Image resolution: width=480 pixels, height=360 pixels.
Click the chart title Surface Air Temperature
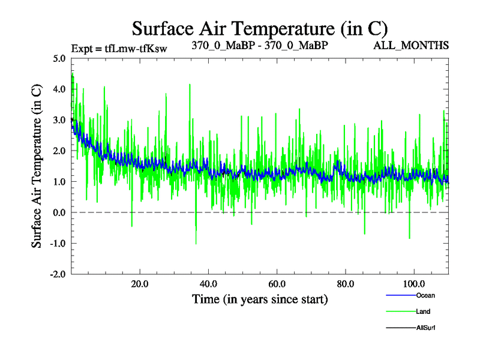[x=259, y=28]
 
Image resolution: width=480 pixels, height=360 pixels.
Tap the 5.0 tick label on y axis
[x=59, y=59]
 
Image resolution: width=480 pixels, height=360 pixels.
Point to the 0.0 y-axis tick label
[x=59, y=212]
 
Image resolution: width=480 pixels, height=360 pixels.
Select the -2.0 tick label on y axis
[x=58, y=274]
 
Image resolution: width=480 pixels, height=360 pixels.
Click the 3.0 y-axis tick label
[x=59, y=120]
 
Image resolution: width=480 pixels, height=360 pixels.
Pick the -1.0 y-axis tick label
[x=58, y=244]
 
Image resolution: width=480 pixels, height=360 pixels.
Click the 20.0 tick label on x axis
[x=140, y=284]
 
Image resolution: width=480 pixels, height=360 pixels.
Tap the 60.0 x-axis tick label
[x=277, y=284]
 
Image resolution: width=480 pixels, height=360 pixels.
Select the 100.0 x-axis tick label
[x=414, y=284]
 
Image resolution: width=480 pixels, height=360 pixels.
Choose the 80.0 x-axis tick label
[x=345, y=284]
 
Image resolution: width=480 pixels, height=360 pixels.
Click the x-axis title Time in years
[x=260, y=298]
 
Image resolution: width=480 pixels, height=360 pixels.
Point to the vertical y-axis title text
[x=37, y=166]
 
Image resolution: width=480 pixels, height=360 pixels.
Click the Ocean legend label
[x=425, y=295]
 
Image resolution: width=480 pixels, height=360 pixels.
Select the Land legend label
[x=423, y=311]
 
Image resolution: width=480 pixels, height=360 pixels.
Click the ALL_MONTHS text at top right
[x=411, y=46]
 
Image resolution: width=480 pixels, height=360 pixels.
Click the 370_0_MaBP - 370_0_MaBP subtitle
[x=259, y=46]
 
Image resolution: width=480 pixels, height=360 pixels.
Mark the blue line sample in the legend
[x=399, y=295]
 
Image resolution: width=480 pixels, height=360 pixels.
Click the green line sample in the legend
[x=399, y=311]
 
